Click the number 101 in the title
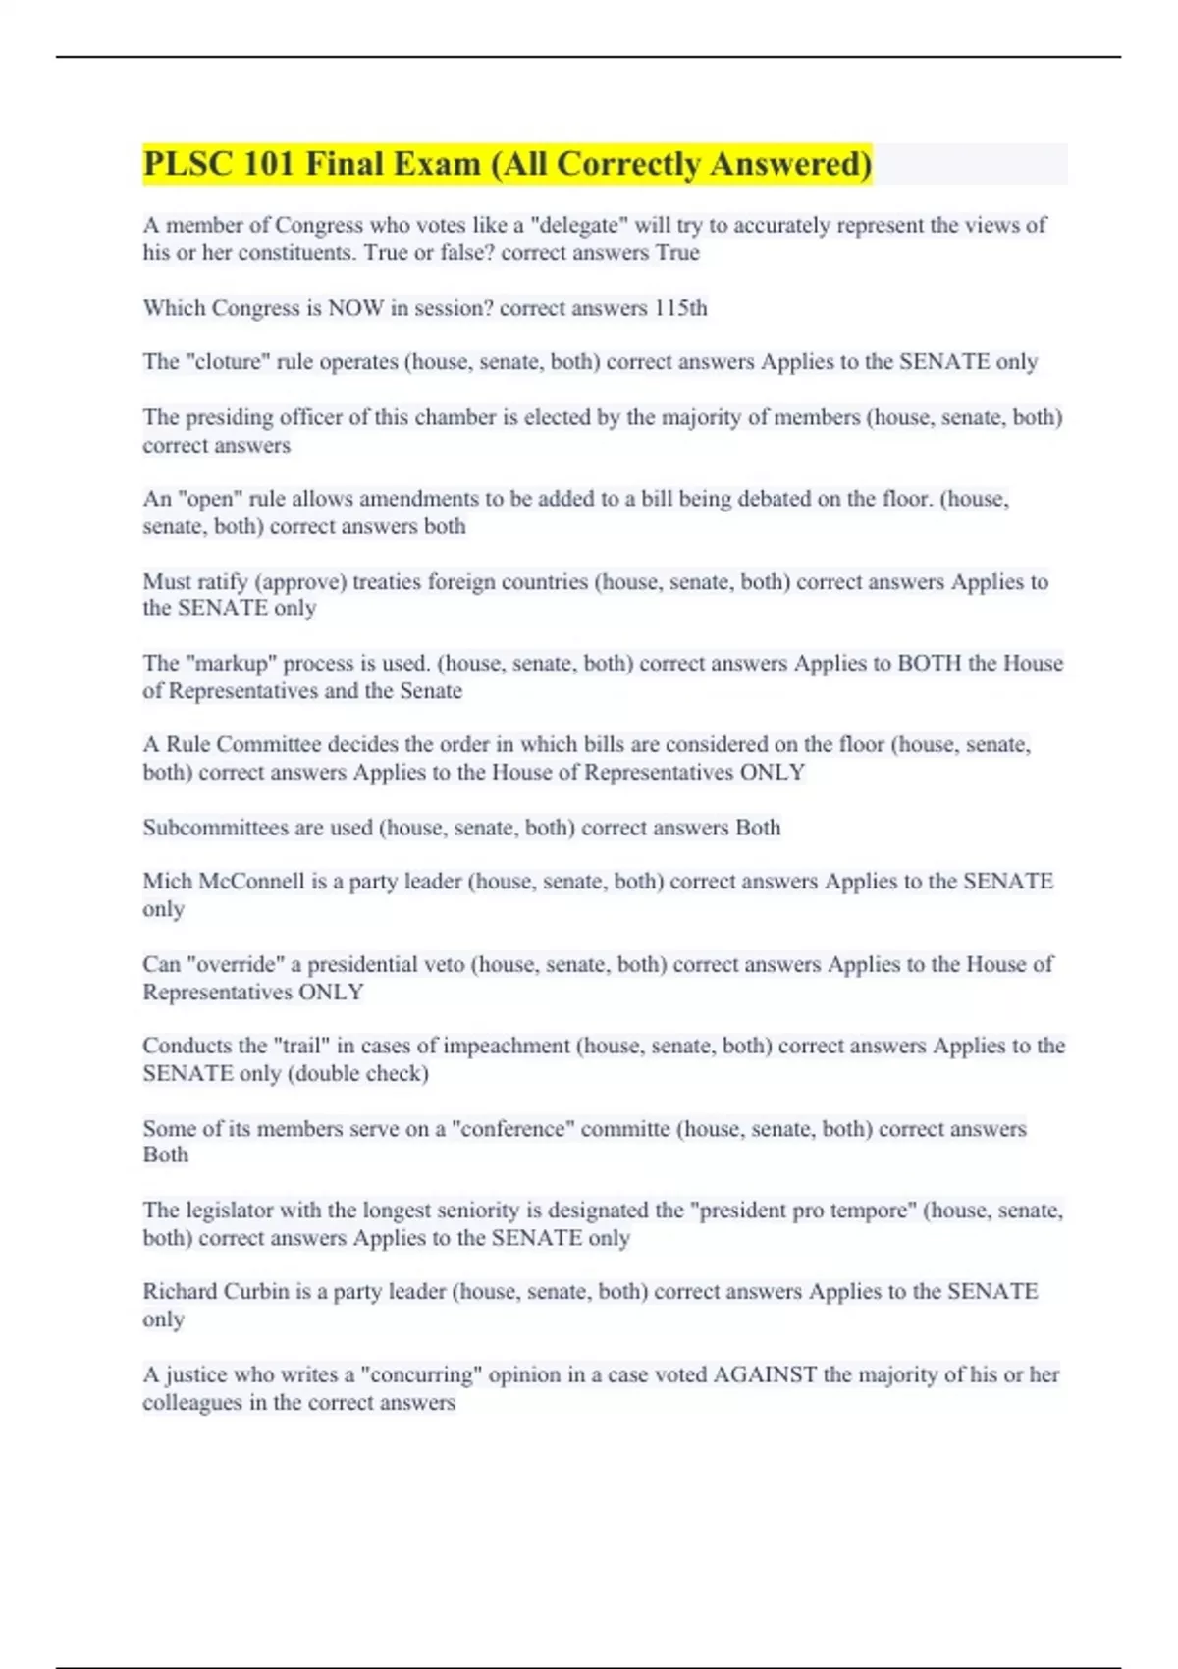click(x=268, y=164)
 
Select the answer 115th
click(x=680, y=308)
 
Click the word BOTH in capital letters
click(x=930, y=663)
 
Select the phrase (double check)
click(x=358, y=1073)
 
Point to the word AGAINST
click(x=765, y=1374)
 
